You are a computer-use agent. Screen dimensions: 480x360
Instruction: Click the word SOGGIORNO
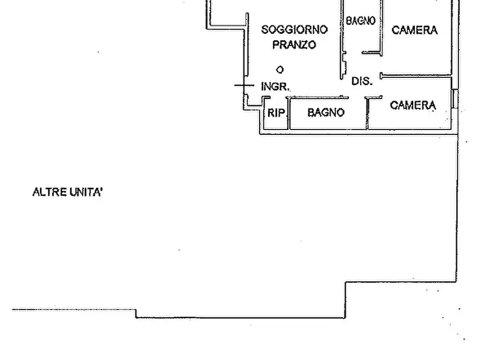click(x=295, y=30)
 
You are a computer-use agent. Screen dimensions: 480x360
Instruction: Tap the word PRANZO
click(x=294, y=45)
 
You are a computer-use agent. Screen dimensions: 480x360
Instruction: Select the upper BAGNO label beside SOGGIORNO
click(x=361, y=21)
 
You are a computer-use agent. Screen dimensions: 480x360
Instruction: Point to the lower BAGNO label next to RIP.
click(x=326, y=112)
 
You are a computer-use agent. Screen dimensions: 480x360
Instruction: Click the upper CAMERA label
click(x=414, y=30)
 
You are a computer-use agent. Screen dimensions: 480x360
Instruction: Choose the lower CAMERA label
click(x=413, y=105)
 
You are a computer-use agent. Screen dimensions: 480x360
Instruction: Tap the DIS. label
click(x=362, y=81)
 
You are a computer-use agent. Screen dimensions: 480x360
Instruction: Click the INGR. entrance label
click(x=275, y=87)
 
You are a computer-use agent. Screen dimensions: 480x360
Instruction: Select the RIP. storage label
click(x=276, y=113)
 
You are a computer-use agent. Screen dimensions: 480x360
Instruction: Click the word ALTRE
click(x=49, y=192)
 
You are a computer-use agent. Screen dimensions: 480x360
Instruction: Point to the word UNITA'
click(x=86, y=192)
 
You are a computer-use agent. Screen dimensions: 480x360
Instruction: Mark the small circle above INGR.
click(x=280, y=70)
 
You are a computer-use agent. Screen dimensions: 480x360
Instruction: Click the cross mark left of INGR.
click(x=244, y=85)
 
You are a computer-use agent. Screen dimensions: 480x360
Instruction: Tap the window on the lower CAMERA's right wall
click(x=455, y=98)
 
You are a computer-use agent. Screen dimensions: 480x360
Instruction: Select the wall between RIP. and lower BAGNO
click(x=288, y=113)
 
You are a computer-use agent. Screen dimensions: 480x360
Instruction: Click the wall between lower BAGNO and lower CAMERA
click(x=367, y=113)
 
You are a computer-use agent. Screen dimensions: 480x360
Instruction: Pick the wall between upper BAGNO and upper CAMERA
click(x=382, y=27)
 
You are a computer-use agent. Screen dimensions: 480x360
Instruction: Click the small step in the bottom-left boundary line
click(x=136, y=313)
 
